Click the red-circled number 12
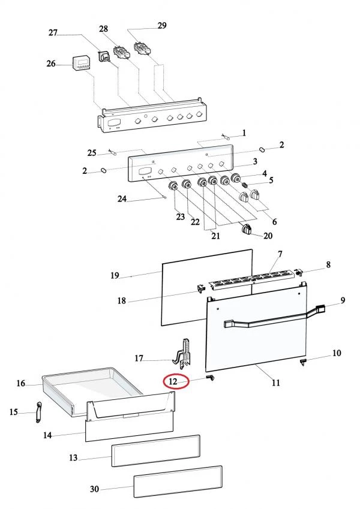173,381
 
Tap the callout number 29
162,25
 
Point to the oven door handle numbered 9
275,318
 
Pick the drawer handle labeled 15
38,412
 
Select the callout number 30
94,489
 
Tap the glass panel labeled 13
155,451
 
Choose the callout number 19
115,275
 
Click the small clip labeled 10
303,362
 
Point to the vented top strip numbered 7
252,279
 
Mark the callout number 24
122,198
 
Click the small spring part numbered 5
245,185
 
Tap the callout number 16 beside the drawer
20,383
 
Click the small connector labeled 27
104,56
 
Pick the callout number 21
215,236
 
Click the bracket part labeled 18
201,287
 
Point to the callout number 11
275,383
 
